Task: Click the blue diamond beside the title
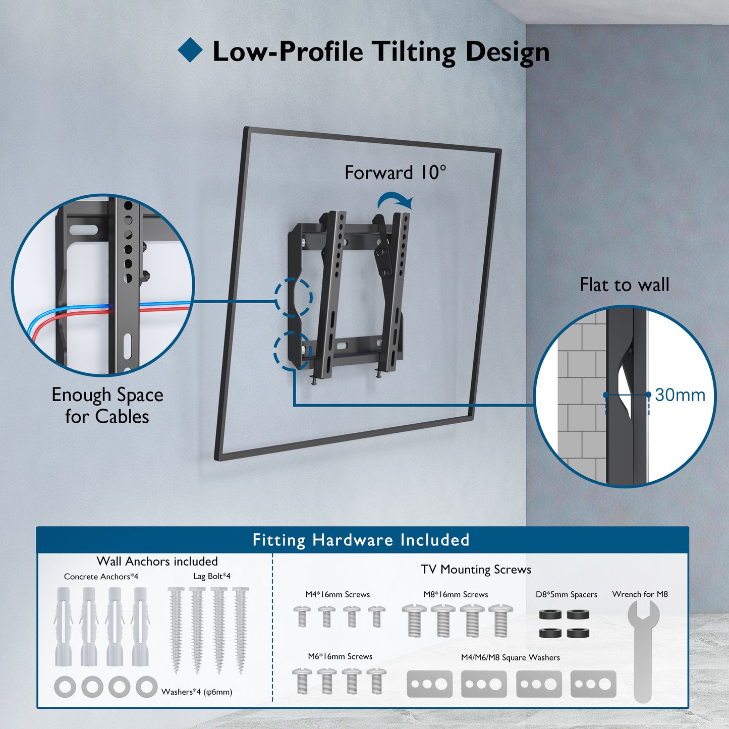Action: click(x=190, y=50)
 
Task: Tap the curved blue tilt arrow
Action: click(x=395, y=200)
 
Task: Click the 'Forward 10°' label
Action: click(x=395, y=173)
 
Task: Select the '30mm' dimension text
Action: click(x=680, y=395)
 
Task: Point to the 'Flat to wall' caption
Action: click(x=624, y=285)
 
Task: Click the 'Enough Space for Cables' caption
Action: click(x=107, y=406)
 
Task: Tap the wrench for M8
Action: click(x=643, y=652)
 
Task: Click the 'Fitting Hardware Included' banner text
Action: click(x=361, y=540)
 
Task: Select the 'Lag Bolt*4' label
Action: click(x=212, y=576)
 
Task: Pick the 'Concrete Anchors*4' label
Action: click(x=101, y=577)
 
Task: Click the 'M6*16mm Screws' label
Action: click(x=340, y=656)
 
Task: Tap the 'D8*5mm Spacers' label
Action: click(x=567, y=594)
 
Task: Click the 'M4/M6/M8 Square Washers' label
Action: click(x=511, y=657)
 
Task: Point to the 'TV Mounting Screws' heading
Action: click(x=476, y=570)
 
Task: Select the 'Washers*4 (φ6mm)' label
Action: click(x=197, y=692)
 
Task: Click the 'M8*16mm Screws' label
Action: click(x=456, y=594)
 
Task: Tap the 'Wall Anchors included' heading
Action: click(x=157, y=561)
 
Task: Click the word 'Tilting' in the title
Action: click(x=414, y=52)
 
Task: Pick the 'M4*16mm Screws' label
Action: click(x=338, y=594)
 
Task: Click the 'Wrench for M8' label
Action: click(x=640, y=594)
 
